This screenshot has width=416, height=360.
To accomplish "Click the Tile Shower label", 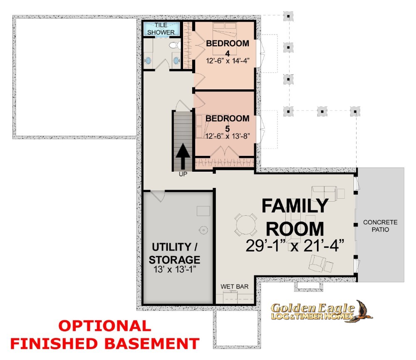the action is tap(161, 29).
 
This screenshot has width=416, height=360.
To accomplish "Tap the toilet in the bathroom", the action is tap(174, 44).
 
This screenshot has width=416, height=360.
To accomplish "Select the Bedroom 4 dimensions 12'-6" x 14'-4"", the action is tap(228, 61).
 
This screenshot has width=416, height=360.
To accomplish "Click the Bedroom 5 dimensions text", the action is tap(228, 136).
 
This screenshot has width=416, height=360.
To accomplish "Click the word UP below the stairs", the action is tap(183, 174).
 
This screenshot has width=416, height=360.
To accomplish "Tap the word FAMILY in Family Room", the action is tap(295, 206).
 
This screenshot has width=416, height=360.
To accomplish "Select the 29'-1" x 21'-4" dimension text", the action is tap(295, 246).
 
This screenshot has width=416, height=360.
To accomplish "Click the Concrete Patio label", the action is tap(380, 226).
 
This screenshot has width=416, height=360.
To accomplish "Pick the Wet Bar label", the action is tap(235, 286).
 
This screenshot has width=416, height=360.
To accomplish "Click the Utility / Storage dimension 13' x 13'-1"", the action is tap(175, 270).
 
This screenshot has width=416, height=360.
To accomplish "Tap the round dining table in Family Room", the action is tap(246, 225).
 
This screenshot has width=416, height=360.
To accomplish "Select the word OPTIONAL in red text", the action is tap(105, 326).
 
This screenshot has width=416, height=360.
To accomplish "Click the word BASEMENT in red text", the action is tap(152, 343).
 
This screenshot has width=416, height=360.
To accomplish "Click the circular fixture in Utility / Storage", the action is tap(203, 230).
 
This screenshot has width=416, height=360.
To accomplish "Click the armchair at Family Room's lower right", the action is tap(317, 263).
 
